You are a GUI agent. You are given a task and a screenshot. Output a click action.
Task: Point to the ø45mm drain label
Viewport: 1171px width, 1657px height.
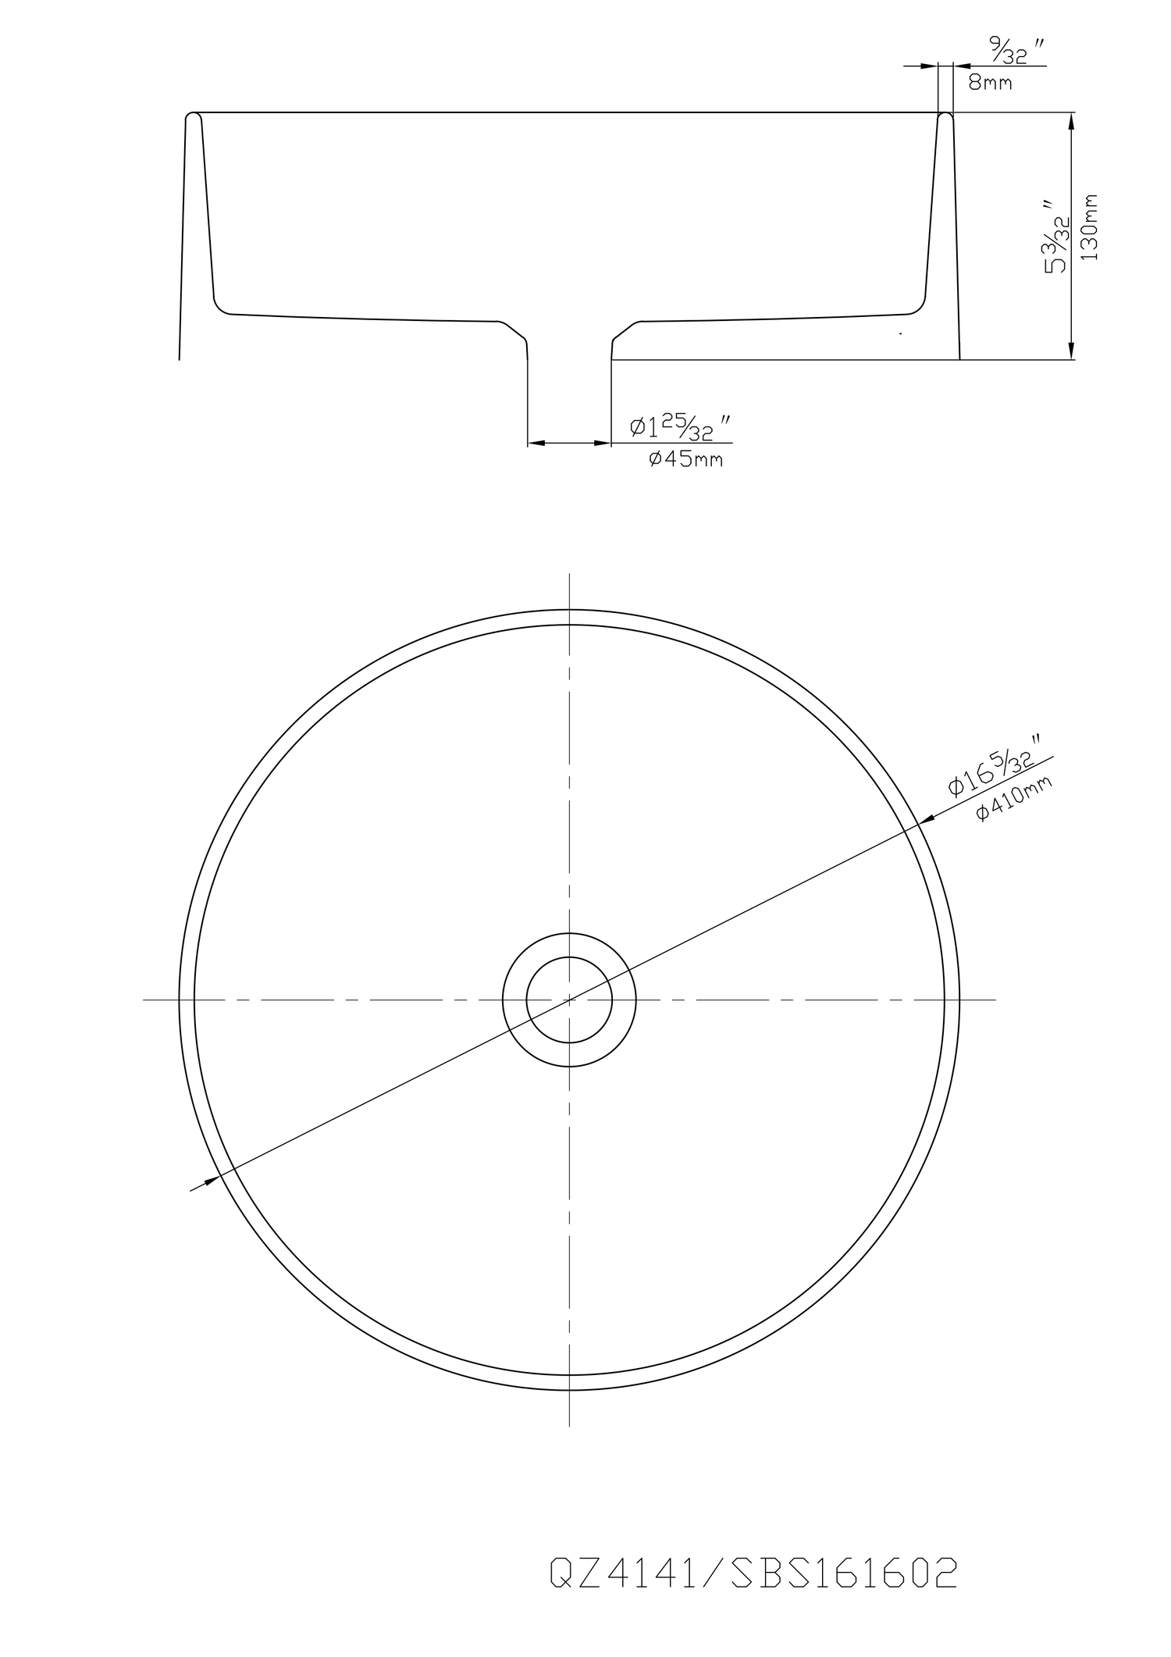pyautogui.click(x=685, y=459)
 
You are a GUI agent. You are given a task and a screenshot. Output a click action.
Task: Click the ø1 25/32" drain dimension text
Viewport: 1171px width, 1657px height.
pyautogui.click(x=681, y=427)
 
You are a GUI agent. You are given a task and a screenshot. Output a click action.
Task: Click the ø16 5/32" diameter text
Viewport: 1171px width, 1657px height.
pyautogui.click(x=995, y=764)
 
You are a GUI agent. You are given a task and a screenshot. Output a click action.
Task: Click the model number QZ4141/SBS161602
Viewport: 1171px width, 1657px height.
pyautogui.click(x=753, y=1572)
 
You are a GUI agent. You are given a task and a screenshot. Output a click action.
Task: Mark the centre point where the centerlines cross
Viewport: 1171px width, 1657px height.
pyautogui.click(x=569, y=1000)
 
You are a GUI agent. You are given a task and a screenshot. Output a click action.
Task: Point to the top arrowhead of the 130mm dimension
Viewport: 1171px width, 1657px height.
pyautogui.click(x=1071, y=120)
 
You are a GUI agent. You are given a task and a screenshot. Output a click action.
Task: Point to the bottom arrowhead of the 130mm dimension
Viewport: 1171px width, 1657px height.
pyautogui.click(x=1071, y=351)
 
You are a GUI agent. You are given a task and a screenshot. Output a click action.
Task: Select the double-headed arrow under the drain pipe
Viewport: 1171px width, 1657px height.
pyautogui.click(x=569, y=444)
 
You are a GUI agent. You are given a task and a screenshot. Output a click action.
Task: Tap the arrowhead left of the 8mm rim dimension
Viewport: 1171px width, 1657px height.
pyautogui.click(x=930, y=66)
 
